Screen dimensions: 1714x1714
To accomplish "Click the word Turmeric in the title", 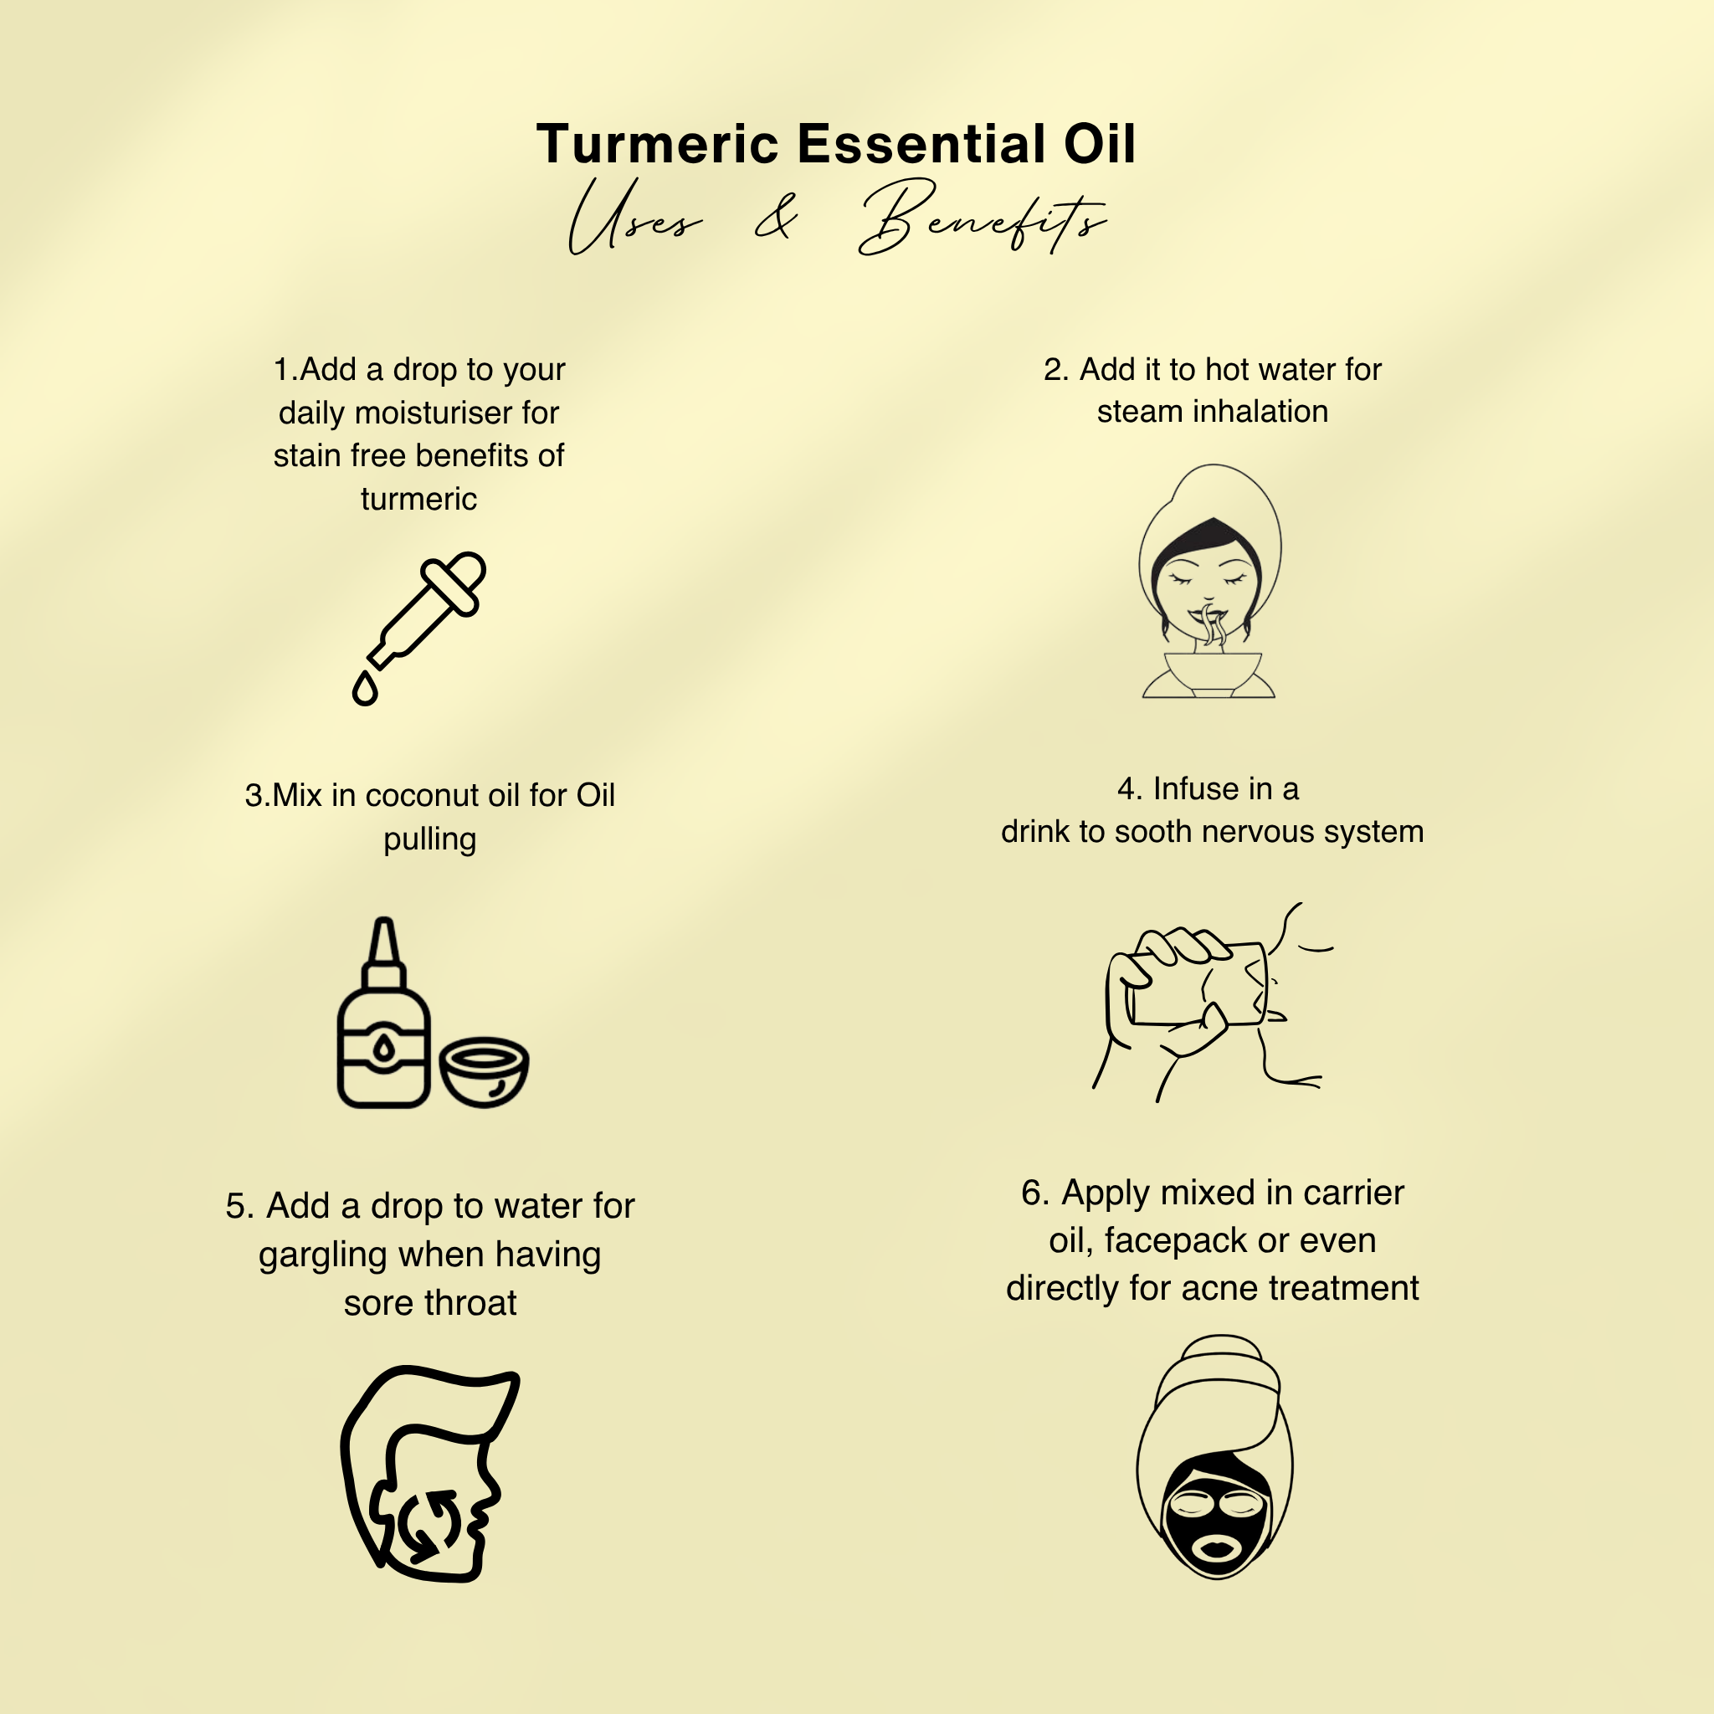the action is [657, 144].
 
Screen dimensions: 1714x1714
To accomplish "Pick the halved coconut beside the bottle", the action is [485, 1072].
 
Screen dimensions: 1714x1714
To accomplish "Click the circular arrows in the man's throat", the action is [430, 1524].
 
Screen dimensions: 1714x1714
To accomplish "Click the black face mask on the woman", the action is [1217, 1520].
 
